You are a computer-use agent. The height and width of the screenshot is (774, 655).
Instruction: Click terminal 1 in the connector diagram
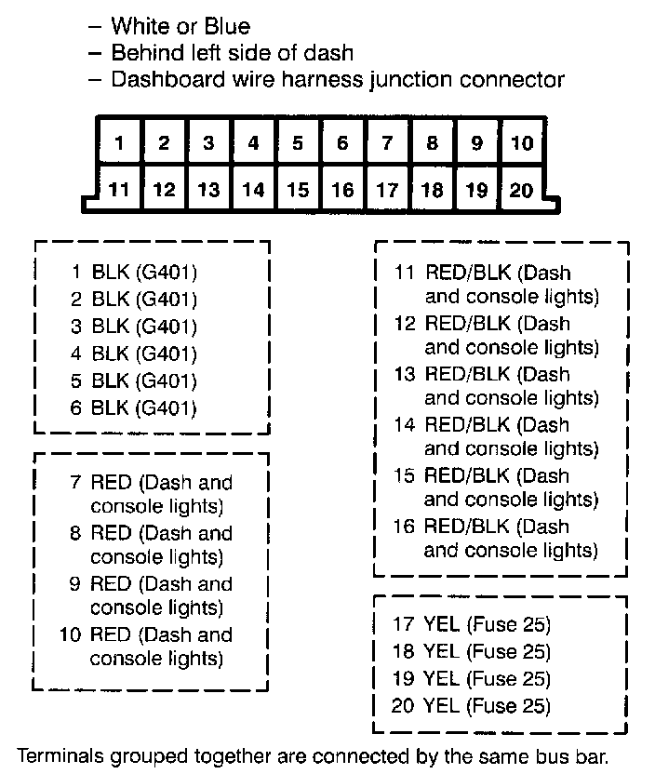pos(119,143)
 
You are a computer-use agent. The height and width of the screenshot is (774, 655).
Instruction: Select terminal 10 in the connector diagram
pos(522,143)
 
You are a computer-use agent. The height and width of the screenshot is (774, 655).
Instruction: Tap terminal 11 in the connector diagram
pos(119,190)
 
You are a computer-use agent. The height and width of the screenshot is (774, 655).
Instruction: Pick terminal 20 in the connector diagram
pos(522,190)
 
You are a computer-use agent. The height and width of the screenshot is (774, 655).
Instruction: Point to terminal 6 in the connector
pos(342,143)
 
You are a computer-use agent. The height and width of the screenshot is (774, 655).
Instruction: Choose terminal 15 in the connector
pos(298,190)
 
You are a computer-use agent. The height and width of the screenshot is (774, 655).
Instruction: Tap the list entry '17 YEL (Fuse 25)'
pos(471,624)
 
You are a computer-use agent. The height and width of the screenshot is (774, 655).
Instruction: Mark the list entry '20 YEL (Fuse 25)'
pos(471,706)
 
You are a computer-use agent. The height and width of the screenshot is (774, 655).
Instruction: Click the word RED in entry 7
pos(110,484)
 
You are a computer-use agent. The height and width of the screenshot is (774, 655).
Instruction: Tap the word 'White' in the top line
pos(138,26)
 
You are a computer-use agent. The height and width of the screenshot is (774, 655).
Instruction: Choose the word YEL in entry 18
pos(441,651)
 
